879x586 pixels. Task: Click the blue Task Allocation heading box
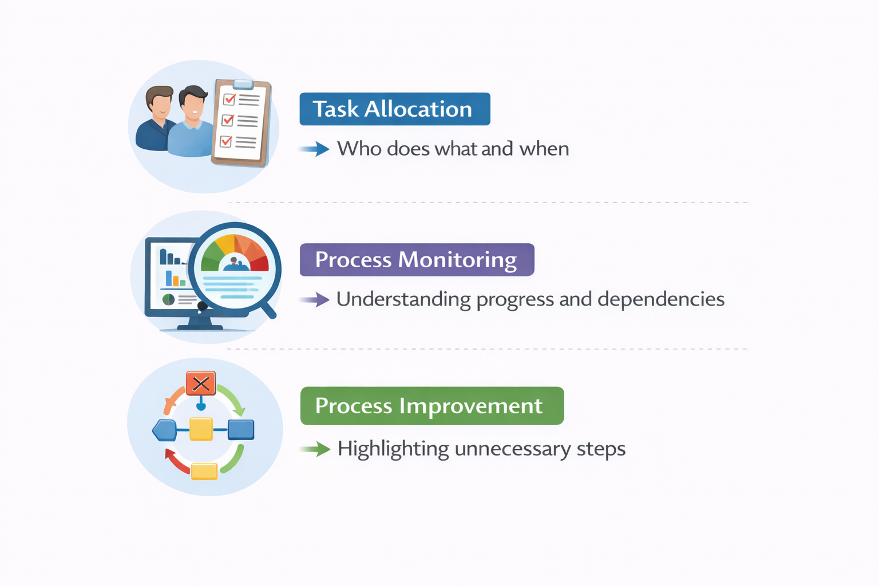tap(395, 109)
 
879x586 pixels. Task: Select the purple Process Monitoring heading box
tap(417, 260)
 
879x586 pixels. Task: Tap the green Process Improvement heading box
tap(432, 406)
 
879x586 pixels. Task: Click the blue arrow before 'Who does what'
tap(314, 149)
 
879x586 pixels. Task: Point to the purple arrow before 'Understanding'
tap(314, 300)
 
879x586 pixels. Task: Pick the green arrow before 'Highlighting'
tap(315, 449)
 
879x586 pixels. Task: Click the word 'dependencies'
tap(661, 300)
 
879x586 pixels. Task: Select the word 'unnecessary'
tap(513, 449)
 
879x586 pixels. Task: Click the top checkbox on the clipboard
tap(229, 99)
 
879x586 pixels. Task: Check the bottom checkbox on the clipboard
tap(225, 141)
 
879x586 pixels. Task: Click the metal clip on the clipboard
tap(243, 84)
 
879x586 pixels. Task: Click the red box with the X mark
tap(201, 383)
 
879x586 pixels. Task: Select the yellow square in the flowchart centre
tap(201, 429)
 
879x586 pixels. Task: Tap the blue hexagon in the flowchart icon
tap(164, 430)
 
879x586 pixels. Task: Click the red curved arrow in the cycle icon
tap(176, 462)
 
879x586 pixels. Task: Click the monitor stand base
tap(200, 327)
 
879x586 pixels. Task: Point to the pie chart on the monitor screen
tap(168, 299)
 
